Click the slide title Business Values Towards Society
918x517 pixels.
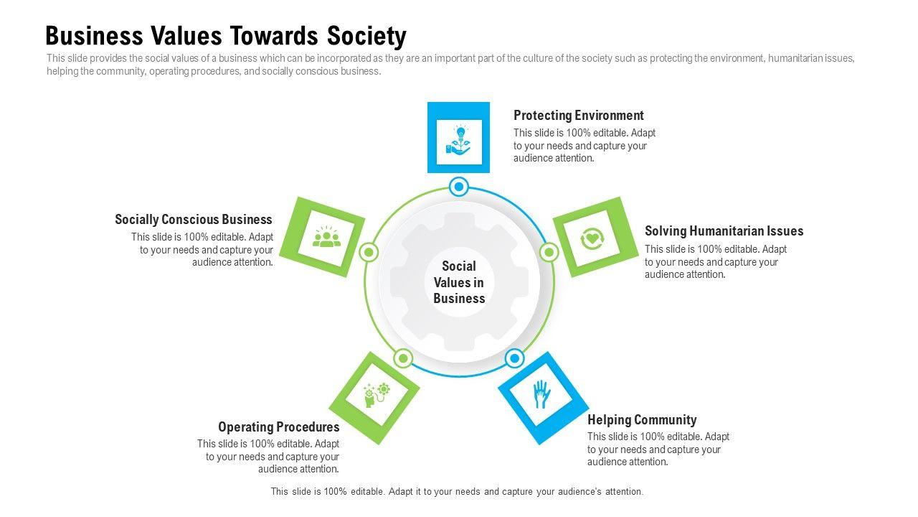point(225,35)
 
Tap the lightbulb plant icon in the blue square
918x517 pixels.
point(458,139)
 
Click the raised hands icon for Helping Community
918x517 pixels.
point(541,395)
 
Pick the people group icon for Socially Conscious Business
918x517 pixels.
point(326,237)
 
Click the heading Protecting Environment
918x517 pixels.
point(578,115)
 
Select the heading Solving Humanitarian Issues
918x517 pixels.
point(724,231)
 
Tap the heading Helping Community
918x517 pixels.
point(642,420)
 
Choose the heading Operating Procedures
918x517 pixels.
point(279,427)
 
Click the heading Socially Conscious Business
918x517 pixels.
point(194,220)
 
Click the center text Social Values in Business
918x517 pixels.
point(459,282)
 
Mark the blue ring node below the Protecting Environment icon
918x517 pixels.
point(458,187)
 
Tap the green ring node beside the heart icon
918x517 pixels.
point(549,252)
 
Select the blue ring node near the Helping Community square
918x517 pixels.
point(514,358)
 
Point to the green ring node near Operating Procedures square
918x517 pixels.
point(403,358)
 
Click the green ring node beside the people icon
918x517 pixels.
point(369,252)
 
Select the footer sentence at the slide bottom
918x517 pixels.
point(457,492)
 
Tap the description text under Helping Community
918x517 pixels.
point(658,450)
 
